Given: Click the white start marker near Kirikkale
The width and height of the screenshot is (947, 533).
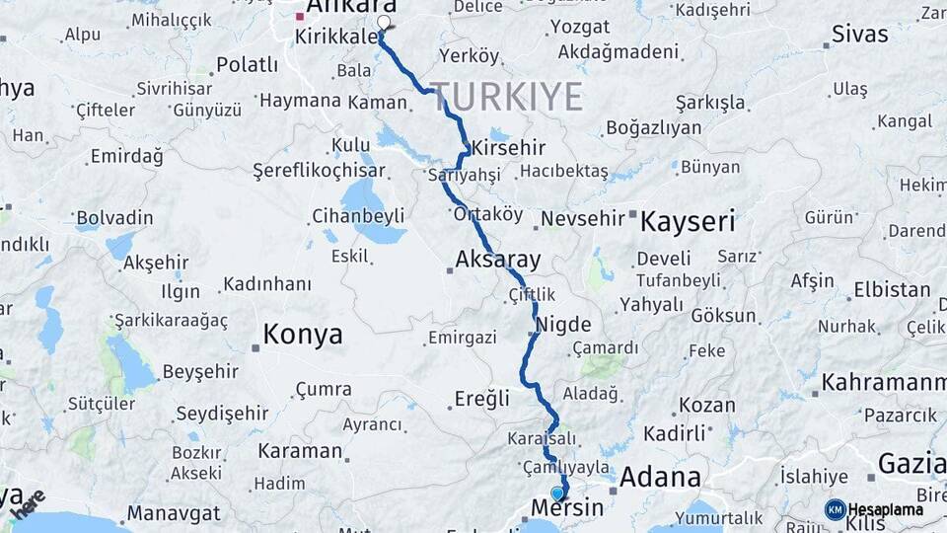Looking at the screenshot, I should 384,22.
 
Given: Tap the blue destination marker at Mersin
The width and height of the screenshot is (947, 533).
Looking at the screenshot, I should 557,493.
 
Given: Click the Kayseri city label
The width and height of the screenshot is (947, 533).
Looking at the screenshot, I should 688,221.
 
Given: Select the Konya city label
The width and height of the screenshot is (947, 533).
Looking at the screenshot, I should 303,335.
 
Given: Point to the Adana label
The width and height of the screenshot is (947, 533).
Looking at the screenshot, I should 660,479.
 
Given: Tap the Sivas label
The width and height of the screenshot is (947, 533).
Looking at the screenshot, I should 859,34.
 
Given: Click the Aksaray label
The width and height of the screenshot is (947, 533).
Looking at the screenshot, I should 498,261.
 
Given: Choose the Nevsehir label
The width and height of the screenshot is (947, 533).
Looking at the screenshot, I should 584,218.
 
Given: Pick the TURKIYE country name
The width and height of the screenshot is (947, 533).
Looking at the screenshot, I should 506,97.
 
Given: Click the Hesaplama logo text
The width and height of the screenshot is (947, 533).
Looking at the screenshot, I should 886,509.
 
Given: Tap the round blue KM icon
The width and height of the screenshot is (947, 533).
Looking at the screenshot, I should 836,509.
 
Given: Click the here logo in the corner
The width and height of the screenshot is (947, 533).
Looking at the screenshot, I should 29,504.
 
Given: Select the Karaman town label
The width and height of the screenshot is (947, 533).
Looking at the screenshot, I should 300,451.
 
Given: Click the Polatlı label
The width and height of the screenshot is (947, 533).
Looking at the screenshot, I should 248,65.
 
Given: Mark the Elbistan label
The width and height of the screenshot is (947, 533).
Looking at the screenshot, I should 892,290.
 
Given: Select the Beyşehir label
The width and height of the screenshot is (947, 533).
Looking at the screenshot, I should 200,371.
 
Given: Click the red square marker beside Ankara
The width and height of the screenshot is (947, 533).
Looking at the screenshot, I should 300,17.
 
